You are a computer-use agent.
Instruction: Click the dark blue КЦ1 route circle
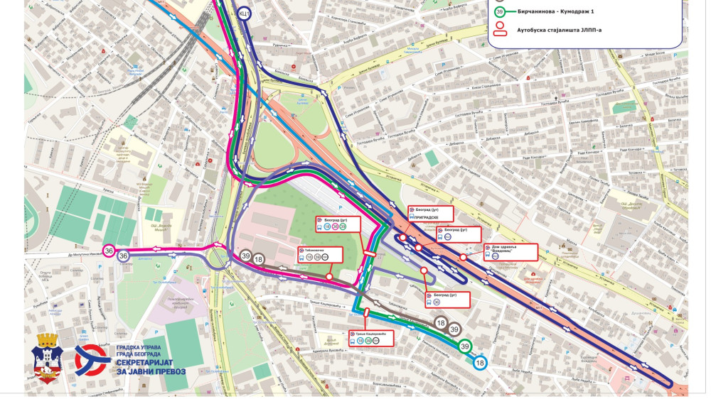[244, 13]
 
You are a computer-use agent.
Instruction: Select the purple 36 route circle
[124, 256]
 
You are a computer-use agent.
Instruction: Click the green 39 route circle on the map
[464, 346]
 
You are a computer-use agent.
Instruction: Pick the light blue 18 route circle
[481, 363]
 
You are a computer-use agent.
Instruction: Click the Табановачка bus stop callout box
[320, 254]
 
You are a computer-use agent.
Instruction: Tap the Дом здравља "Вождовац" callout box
[510, 252]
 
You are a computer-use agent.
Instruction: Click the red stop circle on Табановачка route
[329, 277]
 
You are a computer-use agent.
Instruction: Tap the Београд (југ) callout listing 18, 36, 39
[338, 224]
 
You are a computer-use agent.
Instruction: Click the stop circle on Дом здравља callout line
[464, 257]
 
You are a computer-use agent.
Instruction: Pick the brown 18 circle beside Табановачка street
[259, 261]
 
